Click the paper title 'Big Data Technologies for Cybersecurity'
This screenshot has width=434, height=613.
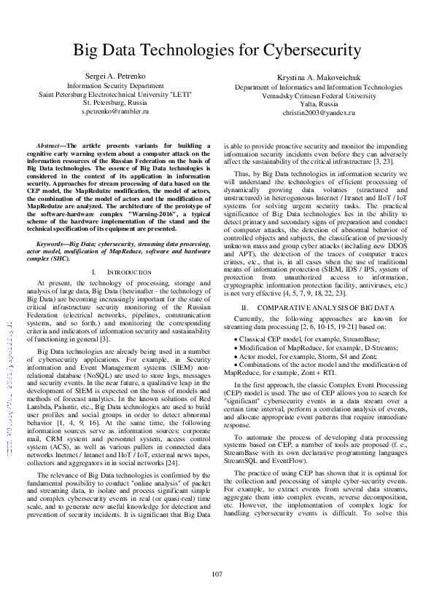(217, 50)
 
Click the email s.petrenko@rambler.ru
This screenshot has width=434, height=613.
(115, 112)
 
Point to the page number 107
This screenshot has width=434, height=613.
(217, 574)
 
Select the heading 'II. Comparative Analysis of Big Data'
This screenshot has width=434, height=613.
(318, 308)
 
